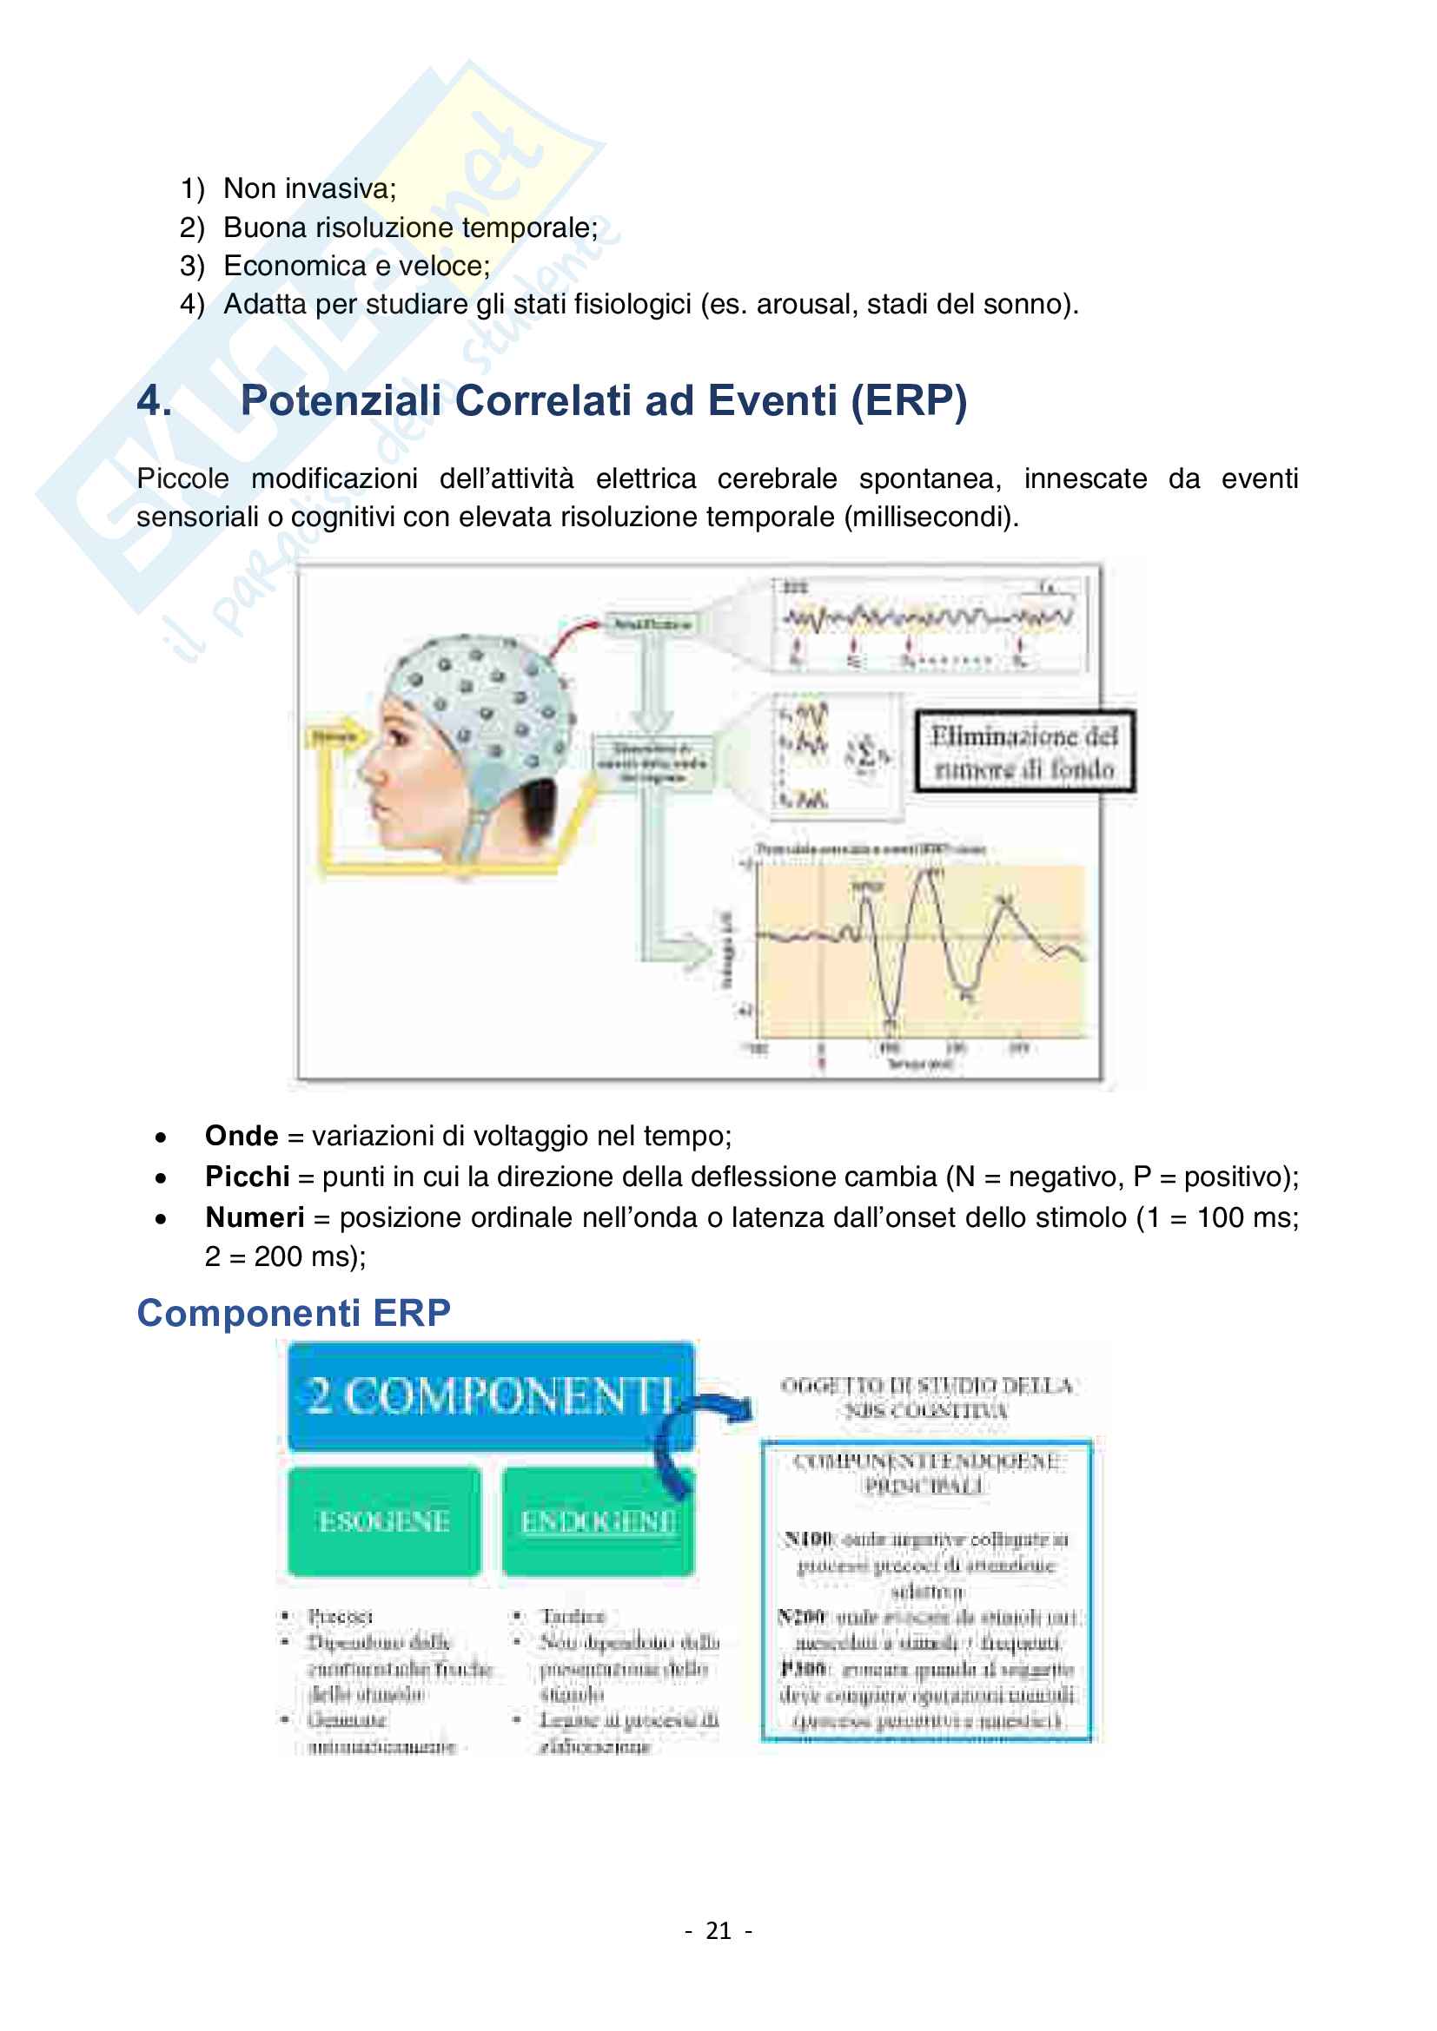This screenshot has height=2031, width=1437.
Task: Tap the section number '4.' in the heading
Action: (x=155, y=400)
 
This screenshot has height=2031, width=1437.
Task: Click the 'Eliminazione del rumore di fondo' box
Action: (x=1023, y=752)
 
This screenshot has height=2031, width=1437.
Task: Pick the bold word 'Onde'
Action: (x=242, y=1136)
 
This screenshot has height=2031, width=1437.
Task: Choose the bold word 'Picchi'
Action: (x=247, y=1177)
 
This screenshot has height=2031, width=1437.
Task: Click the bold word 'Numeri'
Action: (x=255, y=1217)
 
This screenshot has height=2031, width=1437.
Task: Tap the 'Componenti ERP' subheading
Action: (x=293, y=1313)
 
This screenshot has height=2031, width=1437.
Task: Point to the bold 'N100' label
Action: (x=807, y=1540)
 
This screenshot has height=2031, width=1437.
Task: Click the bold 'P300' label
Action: (x=804, y=1668)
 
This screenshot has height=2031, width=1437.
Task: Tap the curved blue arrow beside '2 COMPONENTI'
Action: (x=704, y=1433)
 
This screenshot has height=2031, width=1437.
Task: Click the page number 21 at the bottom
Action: (x=718, y=1931)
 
